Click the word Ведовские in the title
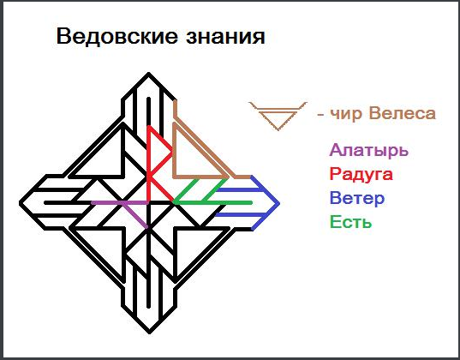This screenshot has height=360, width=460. (x=117, y=36)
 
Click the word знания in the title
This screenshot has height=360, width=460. (x=225, y=37)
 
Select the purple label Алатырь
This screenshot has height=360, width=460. (x=368, y=150)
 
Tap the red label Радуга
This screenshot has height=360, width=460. (x=361, y=175)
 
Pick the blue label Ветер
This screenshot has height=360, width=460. (x=357, y=198)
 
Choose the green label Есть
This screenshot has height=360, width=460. (x=351, y=222)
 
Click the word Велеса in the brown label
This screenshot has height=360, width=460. (x=403, y=113)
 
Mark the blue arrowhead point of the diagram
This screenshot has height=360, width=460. (x=278, y=203)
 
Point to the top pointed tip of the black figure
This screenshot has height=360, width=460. (x=149, y=73)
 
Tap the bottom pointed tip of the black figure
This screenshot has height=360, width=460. (x=149, y=333)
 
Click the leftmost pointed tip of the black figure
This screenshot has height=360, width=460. (x=21, y=203)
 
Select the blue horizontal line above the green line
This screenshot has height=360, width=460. (x=239, y=190)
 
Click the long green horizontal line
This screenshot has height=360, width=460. (x=212, y=202)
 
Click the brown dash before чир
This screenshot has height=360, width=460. (x=320, y=114)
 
